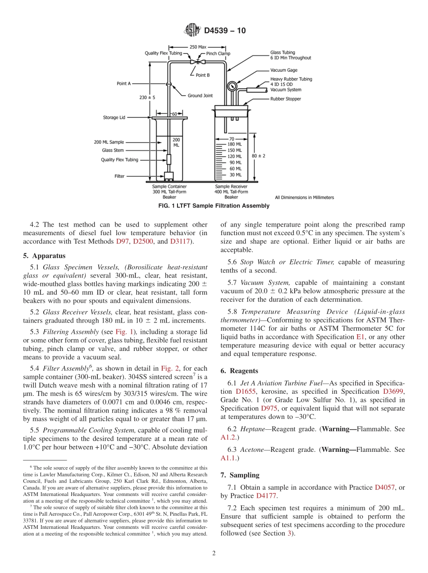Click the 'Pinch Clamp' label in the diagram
point(218,54)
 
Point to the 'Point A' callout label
point(124,83)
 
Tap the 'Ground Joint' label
point(200,95)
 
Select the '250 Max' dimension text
point(198,47)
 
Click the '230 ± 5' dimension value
point(147,97)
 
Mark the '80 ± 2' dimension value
point(258,155)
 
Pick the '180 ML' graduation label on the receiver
point(234,144)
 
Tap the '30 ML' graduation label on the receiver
point(234,175)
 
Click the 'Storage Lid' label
point(114,118)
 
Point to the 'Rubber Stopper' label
point(286,99)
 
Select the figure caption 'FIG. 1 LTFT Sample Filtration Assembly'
point(214,206)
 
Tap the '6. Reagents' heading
point(239,371)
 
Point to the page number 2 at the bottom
point(214,554)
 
